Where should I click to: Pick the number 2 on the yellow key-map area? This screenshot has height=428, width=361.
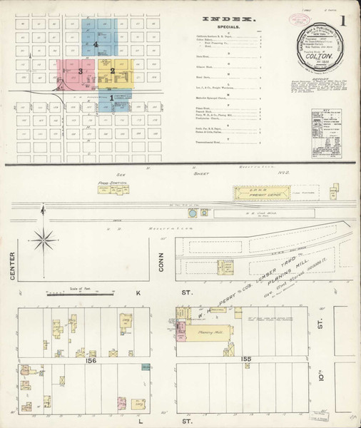pos(112,71)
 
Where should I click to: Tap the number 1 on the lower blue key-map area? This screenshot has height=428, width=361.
pos(111,97)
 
